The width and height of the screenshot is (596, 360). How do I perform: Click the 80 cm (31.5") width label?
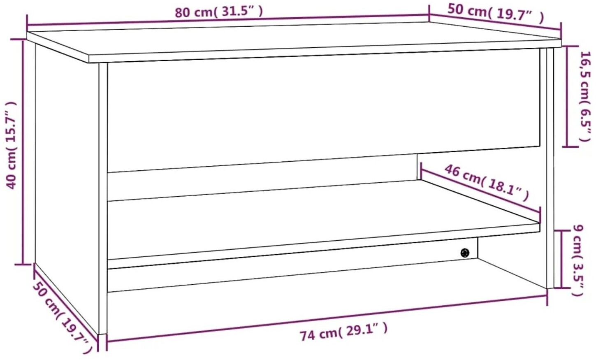[219, 12]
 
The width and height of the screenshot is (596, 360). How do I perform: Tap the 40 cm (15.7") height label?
[11, 145]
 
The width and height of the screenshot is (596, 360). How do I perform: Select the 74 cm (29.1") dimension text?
[343, 332]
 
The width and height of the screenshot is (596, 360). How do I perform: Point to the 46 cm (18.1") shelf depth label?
[486, 183]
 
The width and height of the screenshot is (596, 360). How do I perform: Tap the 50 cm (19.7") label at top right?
[495, 13]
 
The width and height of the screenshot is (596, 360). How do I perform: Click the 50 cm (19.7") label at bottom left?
[63, 317]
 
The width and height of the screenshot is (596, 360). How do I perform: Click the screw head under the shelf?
[465, 253]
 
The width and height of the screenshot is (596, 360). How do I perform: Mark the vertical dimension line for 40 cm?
[23, 152]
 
